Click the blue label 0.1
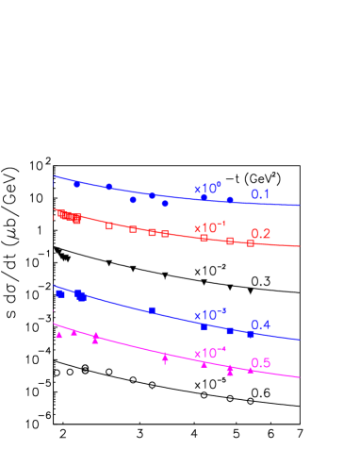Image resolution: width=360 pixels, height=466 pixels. click(260, 194)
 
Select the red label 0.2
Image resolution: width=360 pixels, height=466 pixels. click(260, 234)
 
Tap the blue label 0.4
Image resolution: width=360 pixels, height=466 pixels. click(260, 325)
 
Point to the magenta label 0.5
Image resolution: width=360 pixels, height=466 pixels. click(260, 363)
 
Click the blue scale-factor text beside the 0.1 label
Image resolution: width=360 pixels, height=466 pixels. click(207, 190)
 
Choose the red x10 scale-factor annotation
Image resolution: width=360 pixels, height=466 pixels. click(209, 228)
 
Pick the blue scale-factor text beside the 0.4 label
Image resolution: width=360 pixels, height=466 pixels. click(209, 315)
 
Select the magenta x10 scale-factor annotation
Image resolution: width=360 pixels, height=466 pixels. click(209, 353)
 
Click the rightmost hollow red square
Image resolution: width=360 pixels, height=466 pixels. click(250, 243)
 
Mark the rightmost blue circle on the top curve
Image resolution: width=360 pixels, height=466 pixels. click(230, 200)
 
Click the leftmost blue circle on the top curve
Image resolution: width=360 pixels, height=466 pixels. click(77, 184)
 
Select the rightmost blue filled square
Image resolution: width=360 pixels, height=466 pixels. click(250, 334)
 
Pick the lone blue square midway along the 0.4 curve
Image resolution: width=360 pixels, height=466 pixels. click(152, 310)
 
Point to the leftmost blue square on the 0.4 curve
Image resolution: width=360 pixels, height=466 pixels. click(59, 294)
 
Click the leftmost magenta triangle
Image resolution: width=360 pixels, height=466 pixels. click(58, 335)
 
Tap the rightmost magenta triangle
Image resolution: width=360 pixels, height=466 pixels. click(250, 370)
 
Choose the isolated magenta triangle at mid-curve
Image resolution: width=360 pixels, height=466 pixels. click(165, 357)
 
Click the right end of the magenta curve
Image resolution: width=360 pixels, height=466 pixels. click(300, 378)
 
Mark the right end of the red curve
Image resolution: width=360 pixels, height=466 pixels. click(300, 247)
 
